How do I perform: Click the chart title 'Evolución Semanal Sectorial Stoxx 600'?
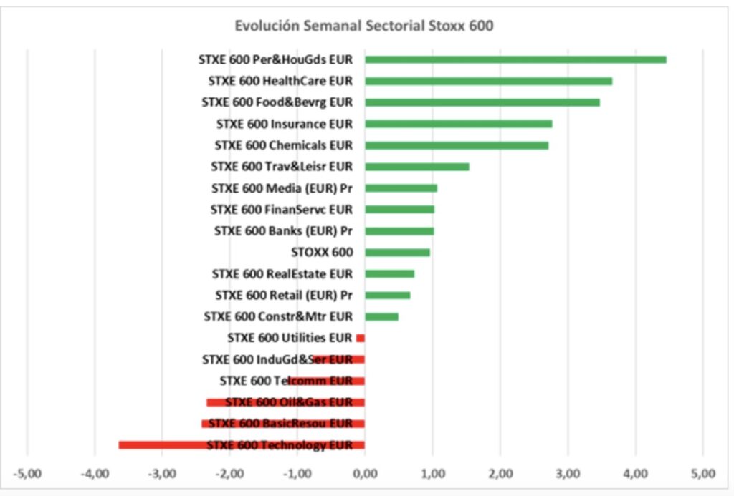(x=364, y=26)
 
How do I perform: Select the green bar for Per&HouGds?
(x=515, y=59)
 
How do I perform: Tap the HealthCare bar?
(x=488, y=81)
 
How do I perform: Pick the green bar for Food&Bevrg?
(x=482, y=102)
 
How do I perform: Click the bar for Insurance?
(x=458, y=124)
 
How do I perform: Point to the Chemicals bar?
(x=457, y=145)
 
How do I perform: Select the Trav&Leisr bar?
(x=416, y=167)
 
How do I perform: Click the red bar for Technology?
(x=241, y=445)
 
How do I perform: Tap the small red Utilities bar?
(x=361, y=338)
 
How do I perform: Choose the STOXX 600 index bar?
(x=397, y=252)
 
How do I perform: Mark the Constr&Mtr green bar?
(x=381, y=316)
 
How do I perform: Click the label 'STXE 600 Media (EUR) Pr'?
(x=282, y=188)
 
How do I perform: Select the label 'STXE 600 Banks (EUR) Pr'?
(x=283, y=231)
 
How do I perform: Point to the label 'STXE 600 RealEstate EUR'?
(x=282, y=273)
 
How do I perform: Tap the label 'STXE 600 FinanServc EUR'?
(x=281, y=210)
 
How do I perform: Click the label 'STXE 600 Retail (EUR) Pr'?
(x=284, y=295)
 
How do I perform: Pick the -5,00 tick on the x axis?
(x=27, y=473)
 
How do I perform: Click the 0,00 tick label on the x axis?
(x=365, y=473)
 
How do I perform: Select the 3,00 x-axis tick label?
(x=568, y=473)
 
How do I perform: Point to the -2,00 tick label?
(x=229, y=473)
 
